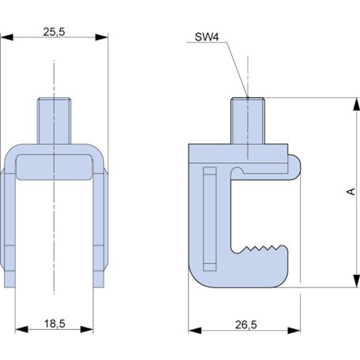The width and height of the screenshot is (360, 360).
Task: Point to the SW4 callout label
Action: coord(206,37)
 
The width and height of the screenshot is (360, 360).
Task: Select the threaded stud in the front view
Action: coord(54,118)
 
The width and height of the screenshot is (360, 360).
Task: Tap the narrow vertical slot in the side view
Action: coord(208,217)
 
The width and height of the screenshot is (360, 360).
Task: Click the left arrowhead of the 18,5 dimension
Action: coord(19,328)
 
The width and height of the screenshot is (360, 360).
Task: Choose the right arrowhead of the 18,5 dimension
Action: coord(88,328)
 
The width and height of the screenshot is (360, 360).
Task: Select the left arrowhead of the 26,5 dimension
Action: coord(193,328)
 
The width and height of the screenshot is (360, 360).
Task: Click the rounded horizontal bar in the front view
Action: coord(54,167)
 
